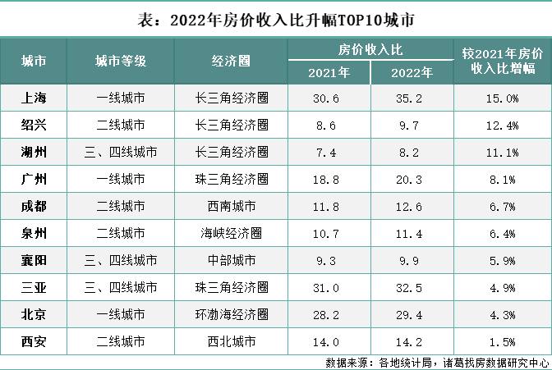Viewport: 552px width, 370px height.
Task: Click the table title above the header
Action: [x=276, y=18]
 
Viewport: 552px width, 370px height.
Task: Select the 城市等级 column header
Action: [x=121, y=61]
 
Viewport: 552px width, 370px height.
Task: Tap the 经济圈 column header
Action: [x=231, y=61]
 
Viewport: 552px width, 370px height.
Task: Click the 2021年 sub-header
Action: [x=329, y=72]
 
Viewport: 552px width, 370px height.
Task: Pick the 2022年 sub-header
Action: [x=412, y=72]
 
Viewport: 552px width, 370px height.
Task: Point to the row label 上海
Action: [x=34, y=98]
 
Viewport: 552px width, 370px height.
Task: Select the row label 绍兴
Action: [x=34, y=126]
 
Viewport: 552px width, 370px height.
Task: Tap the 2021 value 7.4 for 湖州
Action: [x=329, y=153]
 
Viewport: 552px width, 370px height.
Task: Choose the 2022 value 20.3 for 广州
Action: [x=412, y=179]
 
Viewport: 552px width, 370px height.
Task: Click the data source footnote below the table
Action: [x=436, y=362]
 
